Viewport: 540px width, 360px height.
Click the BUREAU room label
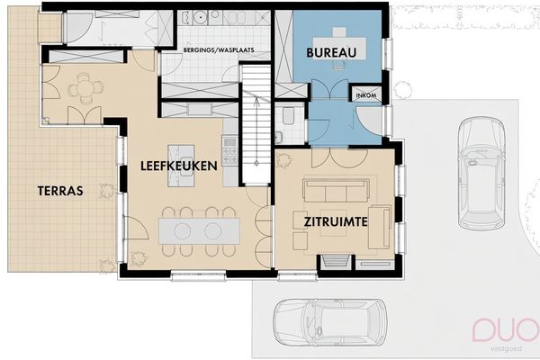click(x=331, y=53)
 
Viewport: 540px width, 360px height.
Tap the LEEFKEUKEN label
click(x=179, y=166)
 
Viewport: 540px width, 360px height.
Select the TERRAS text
click(x=60, y=191)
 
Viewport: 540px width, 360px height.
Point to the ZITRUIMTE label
click(x=336, y=221)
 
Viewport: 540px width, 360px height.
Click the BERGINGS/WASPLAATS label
click(x=219, y=50)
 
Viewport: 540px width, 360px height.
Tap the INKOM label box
click(x=366, y=95)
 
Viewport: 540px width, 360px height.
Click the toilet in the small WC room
click(x=288, y=115)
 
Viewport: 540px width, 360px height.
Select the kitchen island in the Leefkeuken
click(x=181, y=166)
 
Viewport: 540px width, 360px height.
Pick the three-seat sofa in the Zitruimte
click(x=336, y=190)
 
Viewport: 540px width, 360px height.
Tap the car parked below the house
click(x=330, y=322)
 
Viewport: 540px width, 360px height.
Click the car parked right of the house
click(x=481, y=174)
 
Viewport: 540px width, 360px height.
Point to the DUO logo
click(x=506, y=330)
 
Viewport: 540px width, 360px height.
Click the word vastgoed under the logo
click(x=506, y=348)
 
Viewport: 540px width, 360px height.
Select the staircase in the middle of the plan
click(x=256, y=124)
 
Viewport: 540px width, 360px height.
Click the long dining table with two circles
click(x=199, y=230)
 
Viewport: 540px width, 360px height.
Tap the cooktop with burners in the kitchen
click(x=229, y=150)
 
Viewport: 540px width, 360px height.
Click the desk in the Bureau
click(x=339, y=49)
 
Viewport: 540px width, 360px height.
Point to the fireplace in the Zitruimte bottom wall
click(x=336, y=261)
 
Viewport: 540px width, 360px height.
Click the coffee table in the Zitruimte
click(x=333, y=222)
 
